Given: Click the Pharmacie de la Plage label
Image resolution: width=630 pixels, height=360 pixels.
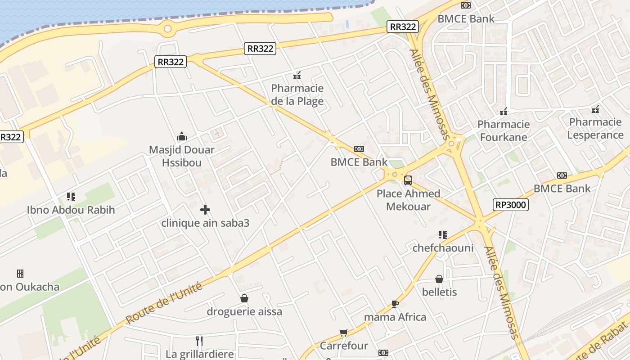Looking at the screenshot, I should [x=297, y=94].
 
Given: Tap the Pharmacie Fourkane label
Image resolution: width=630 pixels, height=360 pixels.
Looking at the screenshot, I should [x=504, y=130].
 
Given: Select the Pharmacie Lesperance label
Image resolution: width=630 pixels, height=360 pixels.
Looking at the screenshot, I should [x=595, y=128].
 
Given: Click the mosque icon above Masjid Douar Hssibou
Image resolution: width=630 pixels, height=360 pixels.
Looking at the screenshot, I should [x=182, y=136].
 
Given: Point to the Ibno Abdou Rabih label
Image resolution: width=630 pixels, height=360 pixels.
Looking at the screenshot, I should [x=71, y=210].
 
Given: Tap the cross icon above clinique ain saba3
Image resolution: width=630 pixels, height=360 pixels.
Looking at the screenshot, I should [x=205, y=210].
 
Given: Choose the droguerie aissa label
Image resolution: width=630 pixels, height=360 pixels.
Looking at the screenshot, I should [x=244, y=311].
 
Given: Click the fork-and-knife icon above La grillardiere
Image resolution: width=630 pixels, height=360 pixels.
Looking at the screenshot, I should [x=199, y=341].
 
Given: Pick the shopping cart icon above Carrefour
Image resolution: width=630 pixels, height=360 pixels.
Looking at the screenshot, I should [x=344, y=333].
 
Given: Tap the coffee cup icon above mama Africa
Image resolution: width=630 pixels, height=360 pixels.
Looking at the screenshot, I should [x=395, y=304].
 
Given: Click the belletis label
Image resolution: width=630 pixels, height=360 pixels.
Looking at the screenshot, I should [x=439, y=292].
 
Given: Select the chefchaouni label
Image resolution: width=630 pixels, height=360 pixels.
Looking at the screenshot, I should [x=443, y=248].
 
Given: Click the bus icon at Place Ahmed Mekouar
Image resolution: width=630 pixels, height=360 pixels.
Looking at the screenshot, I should [x=408, y=180].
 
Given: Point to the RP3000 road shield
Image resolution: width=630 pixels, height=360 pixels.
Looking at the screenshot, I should [x=510, y=205].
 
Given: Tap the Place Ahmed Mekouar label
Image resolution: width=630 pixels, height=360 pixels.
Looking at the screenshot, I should [x=408, y=200].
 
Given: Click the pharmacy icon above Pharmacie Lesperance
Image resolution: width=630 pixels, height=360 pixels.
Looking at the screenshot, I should [x=595, y=109].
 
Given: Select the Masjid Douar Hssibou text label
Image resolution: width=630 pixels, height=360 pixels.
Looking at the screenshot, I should [x=182, y=156].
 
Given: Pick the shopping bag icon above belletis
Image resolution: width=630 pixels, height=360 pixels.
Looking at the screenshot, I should [x=439, y=279].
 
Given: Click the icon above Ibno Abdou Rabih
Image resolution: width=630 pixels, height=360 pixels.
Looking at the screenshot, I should [x=71, y=197].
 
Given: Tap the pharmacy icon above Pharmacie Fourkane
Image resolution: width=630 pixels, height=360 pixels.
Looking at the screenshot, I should [x=504, y=111].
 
